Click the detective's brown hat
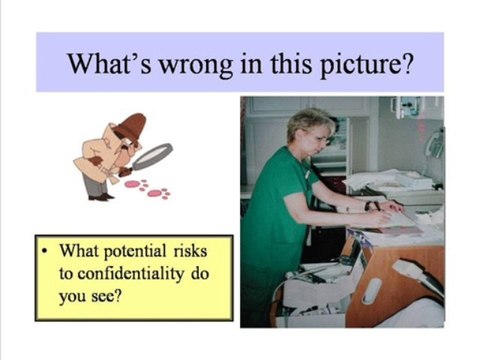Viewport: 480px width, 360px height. (x=128, y=127)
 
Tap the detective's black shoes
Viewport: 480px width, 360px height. (x=100, y=196)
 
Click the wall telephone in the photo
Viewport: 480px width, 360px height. (x=432, y=140)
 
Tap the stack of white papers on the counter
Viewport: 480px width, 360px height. (x=385, y=182)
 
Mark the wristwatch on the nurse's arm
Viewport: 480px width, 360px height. (x=367, y=206)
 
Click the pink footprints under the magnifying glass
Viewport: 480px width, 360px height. (x=145, y=188)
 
